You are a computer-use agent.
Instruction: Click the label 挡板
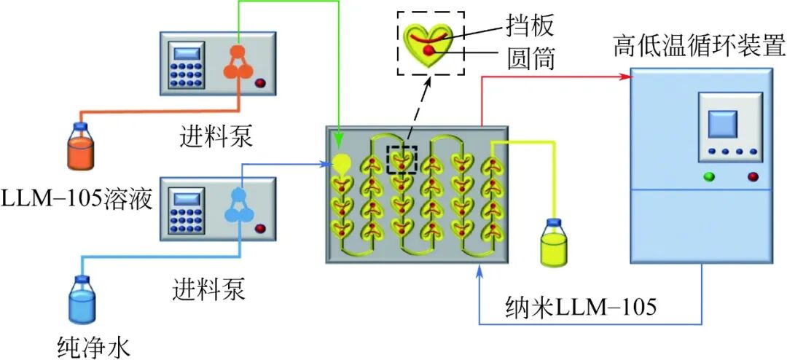530,26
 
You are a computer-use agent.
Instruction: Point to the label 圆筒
530,58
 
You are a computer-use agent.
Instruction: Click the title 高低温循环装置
698,50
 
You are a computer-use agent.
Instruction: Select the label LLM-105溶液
77,197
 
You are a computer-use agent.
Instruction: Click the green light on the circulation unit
708,176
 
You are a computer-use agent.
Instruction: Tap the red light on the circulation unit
752,176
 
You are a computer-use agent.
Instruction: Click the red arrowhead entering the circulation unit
624,77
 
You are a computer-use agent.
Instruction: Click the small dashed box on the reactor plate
402,160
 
